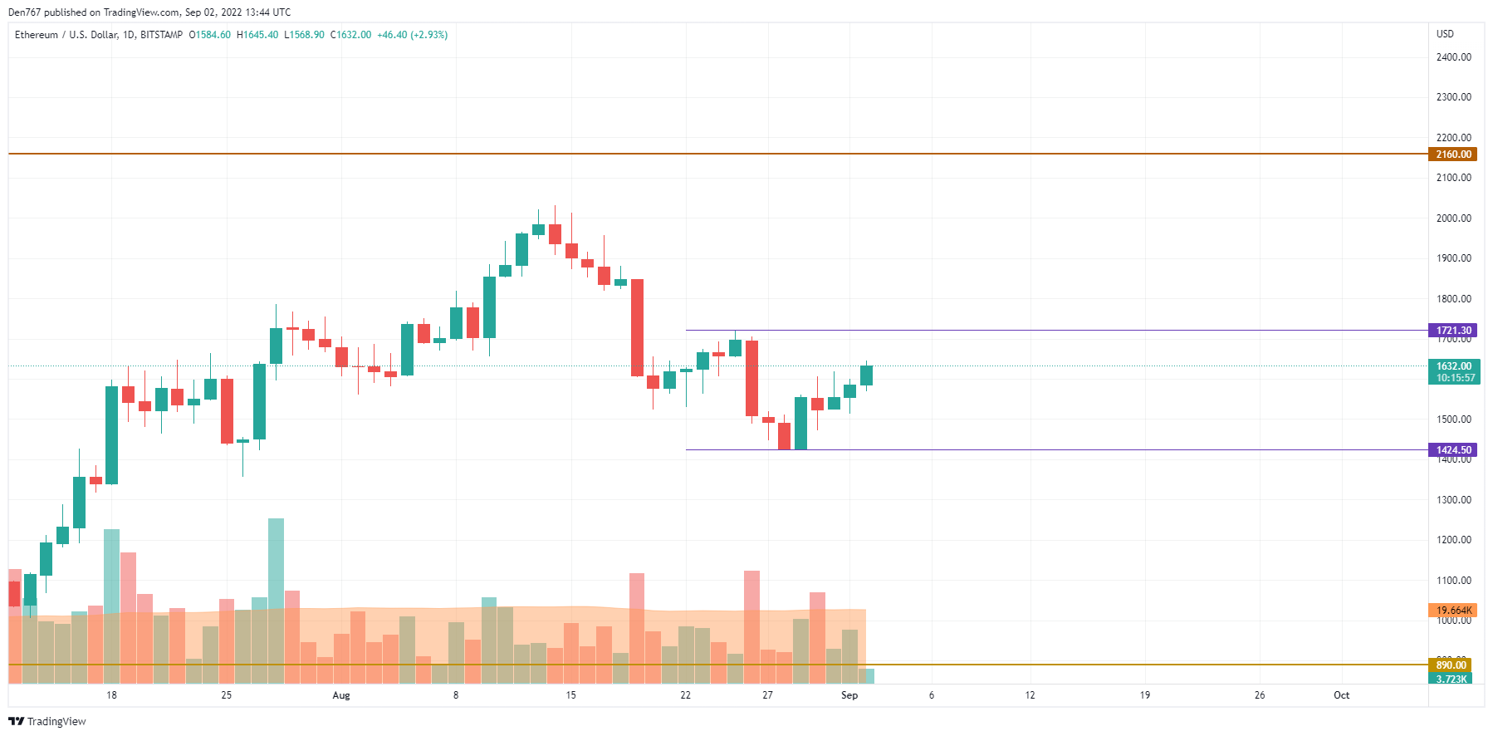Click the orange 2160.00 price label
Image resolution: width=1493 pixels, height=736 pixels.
coord(1452,154)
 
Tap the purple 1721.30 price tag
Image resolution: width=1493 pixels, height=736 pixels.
coord(1452,331)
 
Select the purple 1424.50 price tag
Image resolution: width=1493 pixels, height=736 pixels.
coord(1452,450)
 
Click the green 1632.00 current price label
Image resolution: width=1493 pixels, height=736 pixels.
coord(1454,366)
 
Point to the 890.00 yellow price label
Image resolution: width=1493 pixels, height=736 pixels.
coord(1451,665)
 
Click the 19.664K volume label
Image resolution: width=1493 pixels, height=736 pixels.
coord(1452,611)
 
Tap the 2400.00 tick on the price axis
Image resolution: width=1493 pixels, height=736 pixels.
coord(1453,57)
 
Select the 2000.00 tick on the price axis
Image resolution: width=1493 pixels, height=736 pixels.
coord(1453,218)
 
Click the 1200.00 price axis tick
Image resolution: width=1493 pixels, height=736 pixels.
coord(1453,540)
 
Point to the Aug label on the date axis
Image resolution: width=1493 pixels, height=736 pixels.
coord(341,695)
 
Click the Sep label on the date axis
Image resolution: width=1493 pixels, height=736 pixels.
coord(849,695)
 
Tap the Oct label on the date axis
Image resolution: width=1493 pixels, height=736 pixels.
coord(1341,695)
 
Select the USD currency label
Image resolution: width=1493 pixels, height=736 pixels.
coord(1445,34)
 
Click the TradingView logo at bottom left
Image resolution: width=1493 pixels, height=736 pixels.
coord(47,721)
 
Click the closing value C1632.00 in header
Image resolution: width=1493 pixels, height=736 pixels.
coord(350,35)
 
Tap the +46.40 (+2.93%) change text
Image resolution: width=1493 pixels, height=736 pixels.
coord(412,35)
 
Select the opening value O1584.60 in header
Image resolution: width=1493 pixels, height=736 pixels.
coord(209,35)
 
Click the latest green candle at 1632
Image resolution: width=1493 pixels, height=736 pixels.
coord(866,375)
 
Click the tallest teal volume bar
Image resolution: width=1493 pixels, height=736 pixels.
coord(276,598)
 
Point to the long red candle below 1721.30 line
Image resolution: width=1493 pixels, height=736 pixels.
coord(751,378)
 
